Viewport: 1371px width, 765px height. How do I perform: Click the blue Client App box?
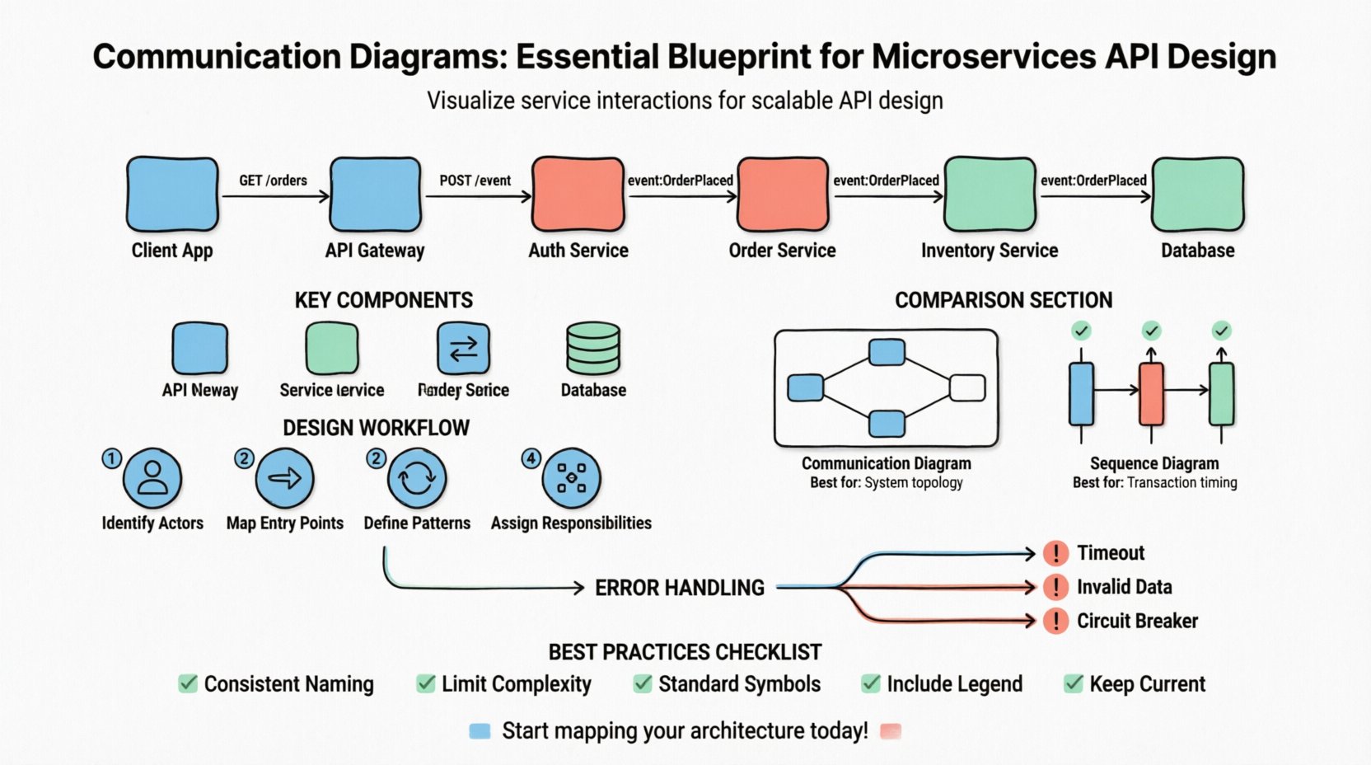tap(172, 195)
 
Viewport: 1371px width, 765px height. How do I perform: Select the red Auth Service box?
tap(578, 195)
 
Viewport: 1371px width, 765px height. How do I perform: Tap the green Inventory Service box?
tap(989, 195)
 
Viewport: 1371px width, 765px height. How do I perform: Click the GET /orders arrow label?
tap(273, 181)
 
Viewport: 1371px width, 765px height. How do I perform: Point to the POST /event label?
tap(475, 181)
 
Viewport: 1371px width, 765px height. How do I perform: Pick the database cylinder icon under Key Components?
tap(593, 349)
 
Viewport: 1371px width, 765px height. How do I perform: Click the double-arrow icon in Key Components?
tap(463, 349)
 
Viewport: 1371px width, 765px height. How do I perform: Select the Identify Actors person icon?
tap(152, 478)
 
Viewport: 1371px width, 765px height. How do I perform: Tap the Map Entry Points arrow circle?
tap(284, 478)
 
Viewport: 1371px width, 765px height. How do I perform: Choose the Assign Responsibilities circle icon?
tap(571, 478)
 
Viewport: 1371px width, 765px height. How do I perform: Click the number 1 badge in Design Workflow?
tap(111, 458)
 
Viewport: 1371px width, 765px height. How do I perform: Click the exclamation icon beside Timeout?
tap(1055, 553)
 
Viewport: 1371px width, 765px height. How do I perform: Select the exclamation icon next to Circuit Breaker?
tap(1055, 621)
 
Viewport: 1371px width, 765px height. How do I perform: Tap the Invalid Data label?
tap(1124, 587)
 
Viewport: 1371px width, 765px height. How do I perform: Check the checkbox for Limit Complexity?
tap(426, 683)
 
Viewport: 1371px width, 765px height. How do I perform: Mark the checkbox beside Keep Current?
tap(1074, 683)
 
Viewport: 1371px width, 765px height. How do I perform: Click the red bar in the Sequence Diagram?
tap(1151, 393)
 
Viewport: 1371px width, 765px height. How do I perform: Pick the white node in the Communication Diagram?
tap(967, 387)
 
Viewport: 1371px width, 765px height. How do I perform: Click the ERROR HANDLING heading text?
tap(680, 588)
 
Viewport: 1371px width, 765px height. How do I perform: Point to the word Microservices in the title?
tap(984, 57)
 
